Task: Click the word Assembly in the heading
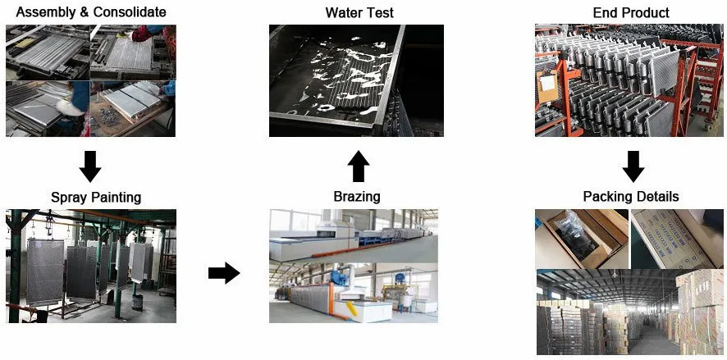pos(39,12)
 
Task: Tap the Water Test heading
pos(359,12)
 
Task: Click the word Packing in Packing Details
pos(608,198)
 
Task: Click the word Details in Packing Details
pos(657,198)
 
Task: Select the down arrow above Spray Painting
pos(89,166)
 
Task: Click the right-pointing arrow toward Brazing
pos(223,273)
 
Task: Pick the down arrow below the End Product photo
pos(631,166)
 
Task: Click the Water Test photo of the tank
pos(356,80)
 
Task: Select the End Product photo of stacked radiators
pos(630,80)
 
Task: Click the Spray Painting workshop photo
pos(90,266)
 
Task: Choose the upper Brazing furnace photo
pos(353,235)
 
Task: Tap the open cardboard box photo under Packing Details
pos(581,238)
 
